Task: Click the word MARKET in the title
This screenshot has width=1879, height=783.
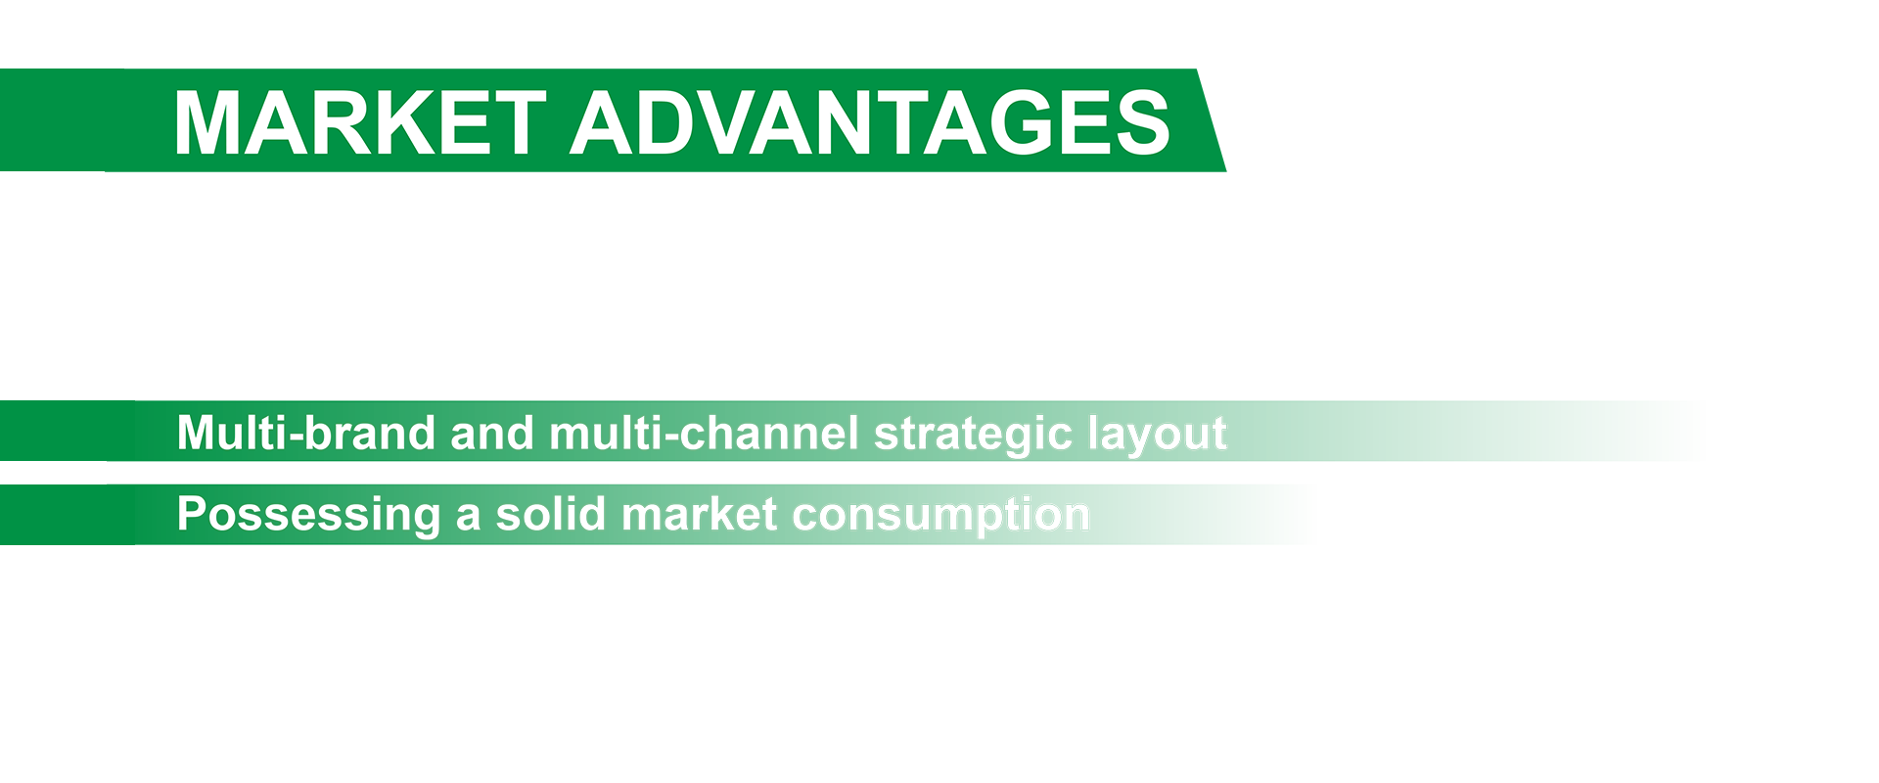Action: pyautogui.click(x=359, y=122)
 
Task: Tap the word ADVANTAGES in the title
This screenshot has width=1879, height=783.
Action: pyautogui.click(x=871, y=122)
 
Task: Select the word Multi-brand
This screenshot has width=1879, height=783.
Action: pyautogui.click(x=306, y=433)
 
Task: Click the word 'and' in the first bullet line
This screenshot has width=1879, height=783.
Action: pyautogui.click(x=493, y=433)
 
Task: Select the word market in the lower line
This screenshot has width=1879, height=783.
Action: pyautogui.click(x=700, y=514)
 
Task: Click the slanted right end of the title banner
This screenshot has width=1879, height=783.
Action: pyautogui.click(x=1212, y=120)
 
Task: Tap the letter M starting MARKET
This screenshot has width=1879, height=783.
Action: pyautogui.click(x=206, y=122)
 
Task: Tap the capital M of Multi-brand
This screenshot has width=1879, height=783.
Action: pyautogui.click(x=196, y=433)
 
